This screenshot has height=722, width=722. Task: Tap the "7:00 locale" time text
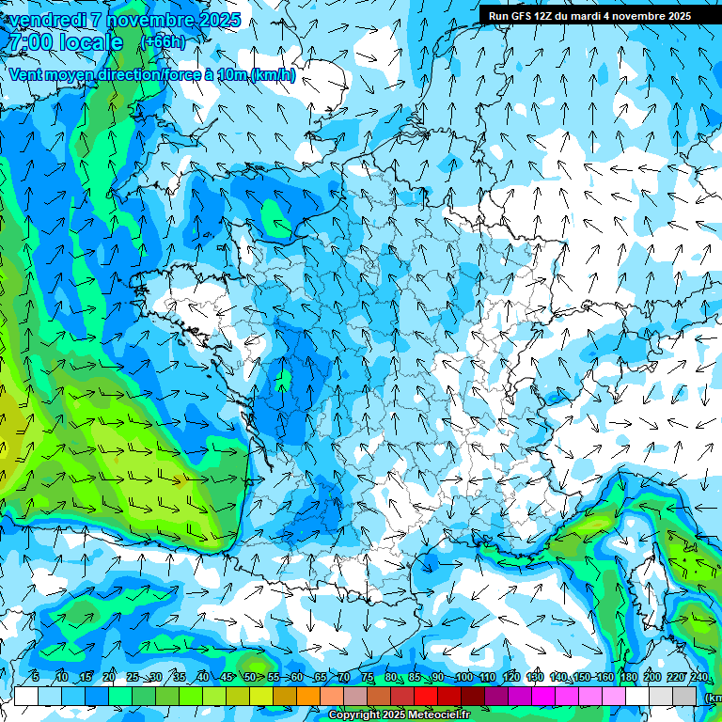[64, 42]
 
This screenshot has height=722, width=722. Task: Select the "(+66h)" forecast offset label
[163, 42]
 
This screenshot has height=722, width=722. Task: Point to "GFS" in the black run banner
[521, 16]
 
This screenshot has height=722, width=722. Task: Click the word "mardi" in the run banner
[586, 16]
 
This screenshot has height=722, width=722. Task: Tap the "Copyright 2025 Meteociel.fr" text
[399, 715]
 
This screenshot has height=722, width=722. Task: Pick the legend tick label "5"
[36, 677]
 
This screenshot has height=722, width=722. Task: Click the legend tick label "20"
[109, 677]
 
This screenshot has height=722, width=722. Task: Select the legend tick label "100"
[463, 677]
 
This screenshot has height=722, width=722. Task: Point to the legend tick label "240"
[699, 677]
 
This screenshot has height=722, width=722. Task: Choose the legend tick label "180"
[627, 677]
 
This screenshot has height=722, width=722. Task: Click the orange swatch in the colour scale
[308, 697]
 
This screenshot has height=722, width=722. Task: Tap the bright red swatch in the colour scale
[426, 697]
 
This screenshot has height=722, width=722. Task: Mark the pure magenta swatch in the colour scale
[543, 697]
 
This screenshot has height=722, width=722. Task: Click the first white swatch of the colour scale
[26, 697]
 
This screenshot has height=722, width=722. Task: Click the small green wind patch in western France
[282, 381]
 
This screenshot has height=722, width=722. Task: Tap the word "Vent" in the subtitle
[27, 75]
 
